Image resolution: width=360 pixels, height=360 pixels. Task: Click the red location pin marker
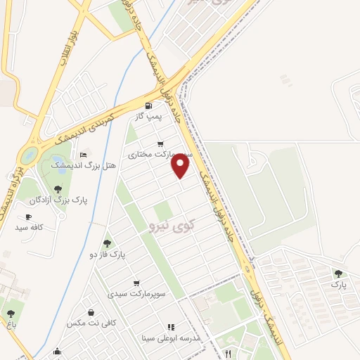(181, 166)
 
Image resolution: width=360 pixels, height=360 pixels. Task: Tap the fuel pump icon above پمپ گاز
(148, 106)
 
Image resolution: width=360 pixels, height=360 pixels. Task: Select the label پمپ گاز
(148, 116)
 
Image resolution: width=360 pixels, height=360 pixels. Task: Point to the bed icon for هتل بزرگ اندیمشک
(84, 155)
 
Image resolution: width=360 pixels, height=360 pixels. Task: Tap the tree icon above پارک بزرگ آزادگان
(58, 189)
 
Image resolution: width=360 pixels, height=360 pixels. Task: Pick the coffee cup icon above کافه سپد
(29, 217)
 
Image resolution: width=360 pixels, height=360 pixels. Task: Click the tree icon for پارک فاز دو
(107, 243)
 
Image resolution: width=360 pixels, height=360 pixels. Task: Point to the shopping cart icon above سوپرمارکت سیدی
(136, 283)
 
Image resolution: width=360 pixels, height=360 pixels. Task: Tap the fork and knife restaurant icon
(227, 354)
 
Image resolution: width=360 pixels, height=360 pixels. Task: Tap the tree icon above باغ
(10, 314)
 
